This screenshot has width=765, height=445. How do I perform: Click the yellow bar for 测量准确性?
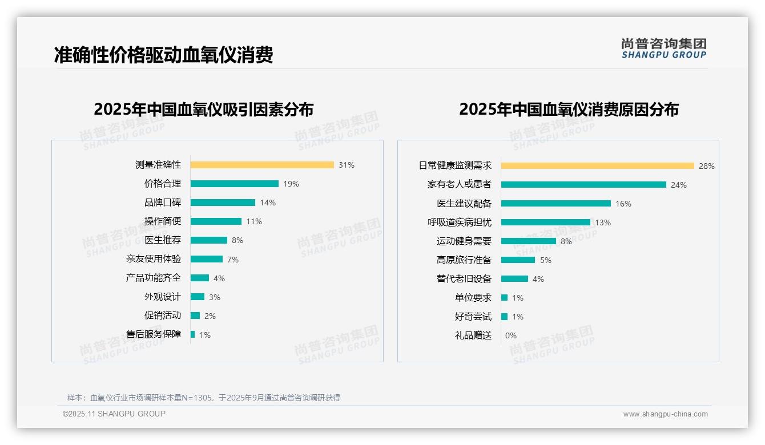tap(262, 165)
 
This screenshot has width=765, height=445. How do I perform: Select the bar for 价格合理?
tap(235, 184)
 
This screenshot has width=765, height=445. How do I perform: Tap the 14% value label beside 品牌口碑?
tap(268, 203)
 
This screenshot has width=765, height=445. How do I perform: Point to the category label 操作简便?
tap(163, 221)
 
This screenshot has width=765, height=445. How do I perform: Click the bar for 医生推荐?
tap(209, 240)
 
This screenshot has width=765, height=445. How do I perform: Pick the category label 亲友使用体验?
tap(154, 259)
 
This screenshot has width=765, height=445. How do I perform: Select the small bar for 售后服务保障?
tap(193, 334)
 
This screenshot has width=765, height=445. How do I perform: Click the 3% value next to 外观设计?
tap(215, 297)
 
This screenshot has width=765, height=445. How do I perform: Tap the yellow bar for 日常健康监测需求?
tap(598, 166)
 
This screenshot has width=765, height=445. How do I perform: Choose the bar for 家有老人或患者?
tap(583, 185)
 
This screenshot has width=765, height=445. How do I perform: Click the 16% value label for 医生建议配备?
tap(623, 204)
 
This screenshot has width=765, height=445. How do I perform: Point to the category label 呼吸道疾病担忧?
tap(460, 222)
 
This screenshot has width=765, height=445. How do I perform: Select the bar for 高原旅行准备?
tap(518, 260)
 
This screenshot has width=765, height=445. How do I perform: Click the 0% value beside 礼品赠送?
tap(511, 335)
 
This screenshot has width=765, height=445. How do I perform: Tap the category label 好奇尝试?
tap(473, 317)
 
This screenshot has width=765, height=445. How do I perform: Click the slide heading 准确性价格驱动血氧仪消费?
tap(164, 55)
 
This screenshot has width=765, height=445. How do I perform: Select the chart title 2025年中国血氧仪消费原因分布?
tap(569, 110)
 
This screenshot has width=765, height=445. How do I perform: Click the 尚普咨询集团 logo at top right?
tap(664, 48)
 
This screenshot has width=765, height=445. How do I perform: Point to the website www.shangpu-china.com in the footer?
tap(665, 414)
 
